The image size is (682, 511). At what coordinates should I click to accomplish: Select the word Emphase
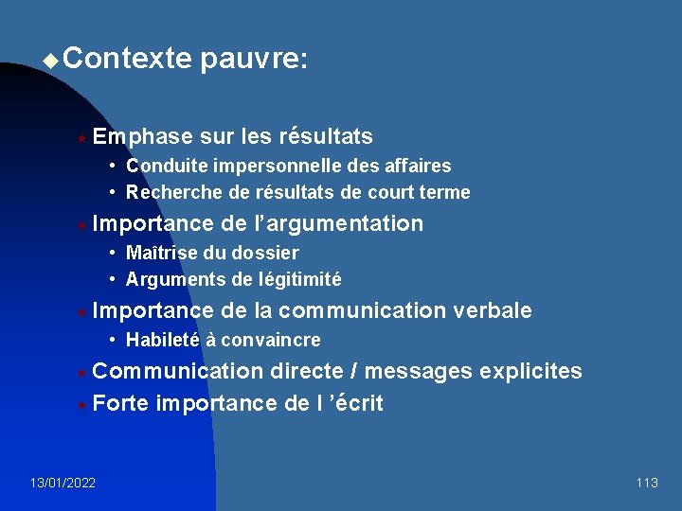(x=143, y=137)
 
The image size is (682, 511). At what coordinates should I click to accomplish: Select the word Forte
(x=121, y=404)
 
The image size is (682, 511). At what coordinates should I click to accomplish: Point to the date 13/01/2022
(x=63, y=484)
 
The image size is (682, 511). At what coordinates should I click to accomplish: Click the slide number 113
(x=647, y=484)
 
